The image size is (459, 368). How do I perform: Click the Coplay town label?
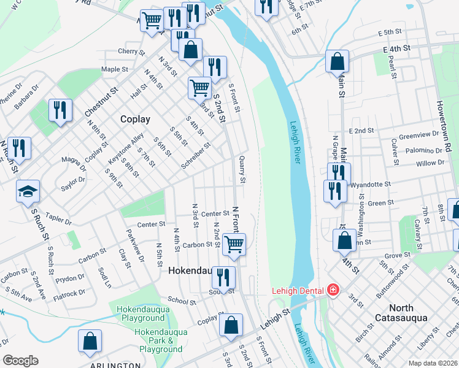135,119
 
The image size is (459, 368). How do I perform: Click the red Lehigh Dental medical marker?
333,289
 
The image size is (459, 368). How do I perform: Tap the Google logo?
20,361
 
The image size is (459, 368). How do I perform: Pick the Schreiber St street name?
196,155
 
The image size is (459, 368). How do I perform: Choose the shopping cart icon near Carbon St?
233,243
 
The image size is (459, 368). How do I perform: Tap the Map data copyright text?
432,363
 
